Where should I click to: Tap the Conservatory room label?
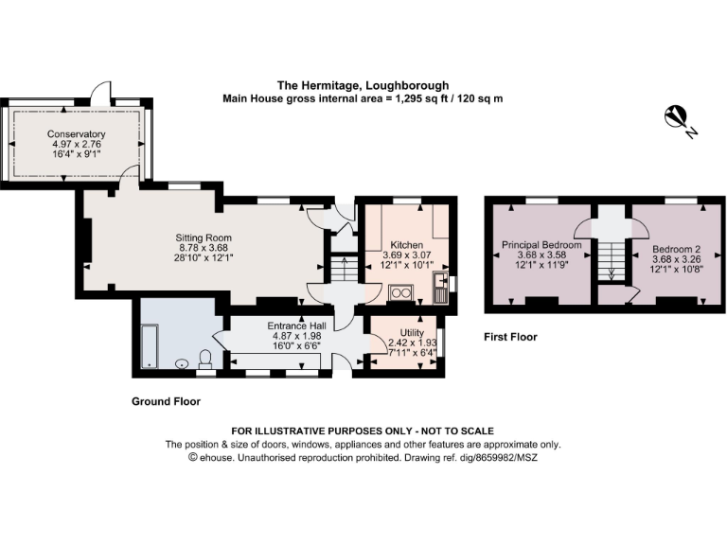(x=77, y=134)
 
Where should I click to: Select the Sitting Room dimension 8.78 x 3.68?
(x=204, y=248)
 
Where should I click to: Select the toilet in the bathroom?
(x=205, y=359)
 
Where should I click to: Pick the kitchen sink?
(x=438, y=290)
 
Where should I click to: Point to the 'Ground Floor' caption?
(x=166, y=402)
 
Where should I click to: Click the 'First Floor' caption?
(x=510, y=337)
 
